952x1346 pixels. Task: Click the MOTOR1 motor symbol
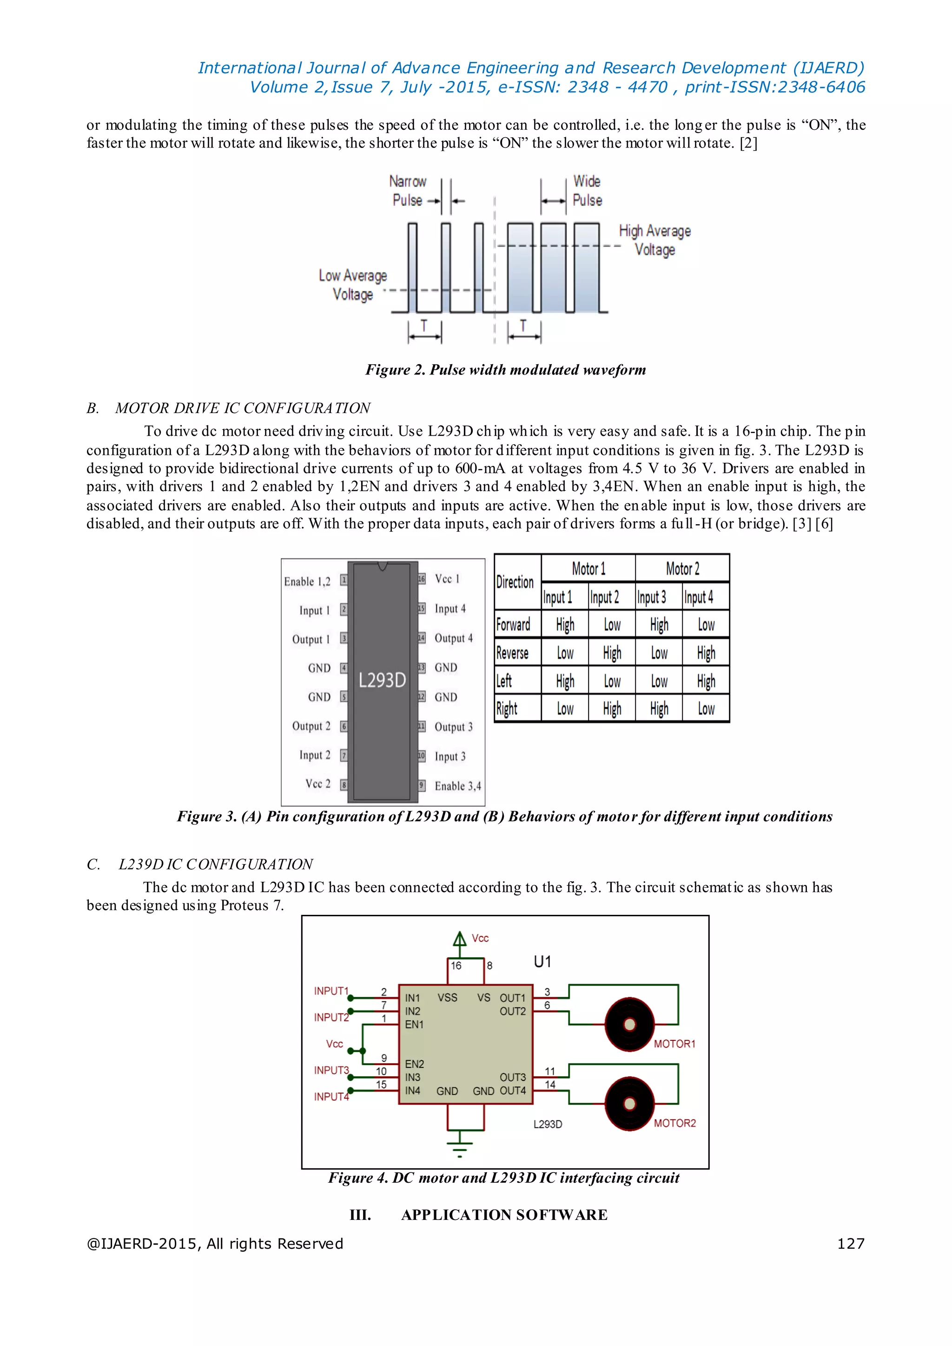click(629, 1024)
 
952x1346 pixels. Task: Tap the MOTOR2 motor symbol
click(629, 1103)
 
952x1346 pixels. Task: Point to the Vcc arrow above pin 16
click(460, 939)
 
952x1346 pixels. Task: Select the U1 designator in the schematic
click(542, 962)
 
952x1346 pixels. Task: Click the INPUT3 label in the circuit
click(331, 1070)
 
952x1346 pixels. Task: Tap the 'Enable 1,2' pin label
click(307, 581)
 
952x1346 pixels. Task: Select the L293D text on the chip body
click(382, 680)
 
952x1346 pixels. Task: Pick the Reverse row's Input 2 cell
click(612, 653)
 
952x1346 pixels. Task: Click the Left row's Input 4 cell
click(706, 681)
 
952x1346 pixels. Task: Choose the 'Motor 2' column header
click(682, 568)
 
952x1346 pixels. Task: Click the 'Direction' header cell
click(515, 582)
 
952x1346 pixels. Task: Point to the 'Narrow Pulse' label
click(408, 191)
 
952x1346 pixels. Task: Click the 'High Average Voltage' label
click(655, 240)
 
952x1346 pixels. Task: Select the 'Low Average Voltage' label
click(353, 285)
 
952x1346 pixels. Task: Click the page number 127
click(851, 1243)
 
